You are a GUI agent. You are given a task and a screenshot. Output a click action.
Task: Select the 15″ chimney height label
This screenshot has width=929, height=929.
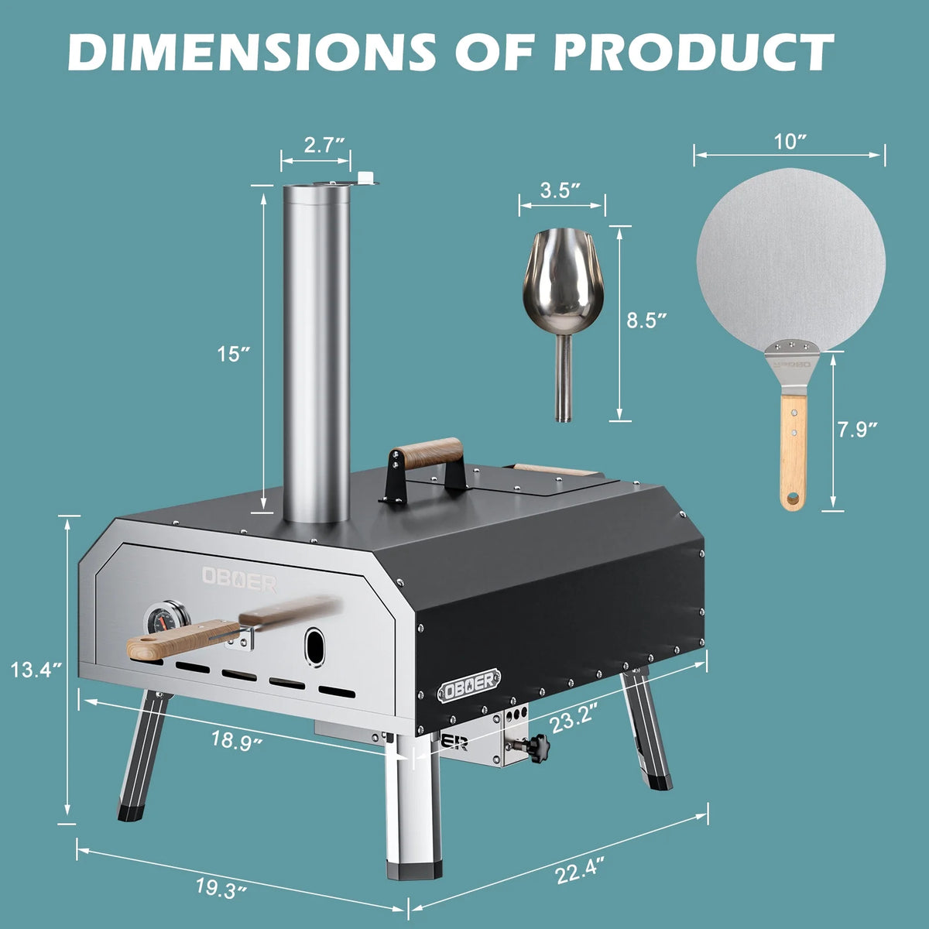point(234,355)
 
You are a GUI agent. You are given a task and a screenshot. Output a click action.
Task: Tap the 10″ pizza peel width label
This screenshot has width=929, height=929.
point(790,142)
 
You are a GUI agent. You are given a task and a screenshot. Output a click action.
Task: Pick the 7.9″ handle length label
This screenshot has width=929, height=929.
point(857,430)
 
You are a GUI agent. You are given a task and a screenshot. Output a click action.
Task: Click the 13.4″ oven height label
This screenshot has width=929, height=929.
point(36,670)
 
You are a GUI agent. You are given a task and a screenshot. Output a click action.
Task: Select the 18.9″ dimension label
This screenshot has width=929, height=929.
point(237,739)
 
